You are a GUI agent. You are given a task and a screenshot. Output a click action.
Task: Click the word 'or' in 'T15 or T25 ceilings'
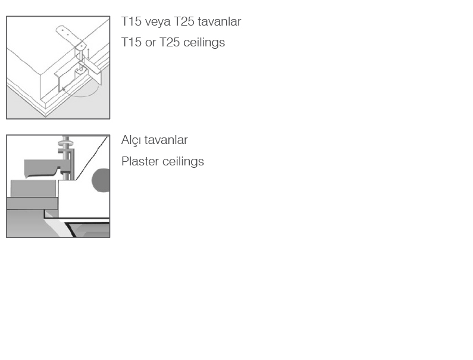150,43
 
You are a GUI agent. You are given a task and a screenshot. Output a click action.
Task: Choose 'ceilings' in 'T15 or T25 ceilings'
204,43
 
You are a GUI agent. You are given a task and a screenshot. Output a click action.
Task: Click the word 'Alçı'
131,140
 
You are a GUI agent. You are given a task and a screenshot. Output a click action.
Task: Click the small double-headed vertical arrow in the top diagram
88,54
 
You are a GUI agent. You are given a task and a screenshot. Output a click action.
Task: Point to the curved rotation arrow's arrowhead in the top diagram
63,89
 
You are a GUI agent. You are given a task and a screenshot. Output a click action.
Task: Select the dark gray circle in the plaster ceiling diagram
101,180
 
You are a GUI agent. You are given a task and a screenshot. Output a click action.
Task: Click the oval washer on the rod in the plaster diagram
66,143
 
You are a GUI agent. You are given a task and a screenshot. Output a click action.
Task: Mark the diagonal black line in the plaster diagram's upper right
92,158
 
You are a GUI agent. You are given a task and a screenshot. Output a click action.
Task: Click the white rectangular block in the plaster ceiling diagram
83,199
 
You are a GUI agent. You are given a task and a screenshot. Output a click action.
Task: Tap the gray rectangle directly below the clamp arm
33,189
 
